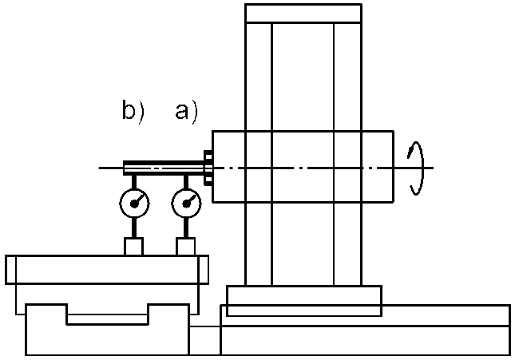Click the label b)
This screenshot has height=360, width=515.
click(x=133, y=112)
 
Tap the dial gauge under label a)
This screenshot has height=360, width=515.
click(x=186, y=204)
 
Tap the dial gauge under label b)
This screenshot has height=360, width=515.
click(x=134, y=204)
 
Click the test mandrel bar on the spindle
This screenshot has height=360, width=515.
click(x=164, y=168)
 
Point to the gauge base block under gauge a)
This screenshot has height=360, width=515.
click(x=186, y=247)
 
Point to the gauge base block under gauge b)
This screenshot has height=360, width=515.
click(x=133, y=247)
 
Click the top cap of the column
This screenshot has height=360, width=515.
click(x=303, y=14)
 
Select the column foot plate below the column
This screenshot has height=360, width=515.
click(x=304, y=301)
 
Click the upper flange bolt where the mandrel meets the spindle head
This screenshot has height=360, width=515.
click(x=208, y=155)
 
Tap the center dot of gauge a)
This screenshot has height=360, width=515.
click(x=187, y=204)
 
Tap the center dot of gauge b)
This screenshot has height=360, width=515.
click(x=134, y=204)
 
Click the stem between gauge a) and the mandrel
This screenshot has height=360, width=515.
click(x=186, y=182)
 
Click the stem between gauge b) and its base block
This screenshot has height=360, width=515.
click(x=134, y=227)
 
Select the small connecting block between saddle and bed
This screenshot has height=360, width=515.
click(x=204, y=341)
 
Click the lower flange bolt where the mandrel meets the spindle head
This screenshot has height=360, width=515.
click(x=208, y=181)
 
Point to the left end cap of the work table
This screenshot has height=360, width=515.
click(x=10, y=269)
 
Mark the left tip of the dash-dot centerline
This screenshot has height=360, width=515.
click(x=98, y=168)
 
